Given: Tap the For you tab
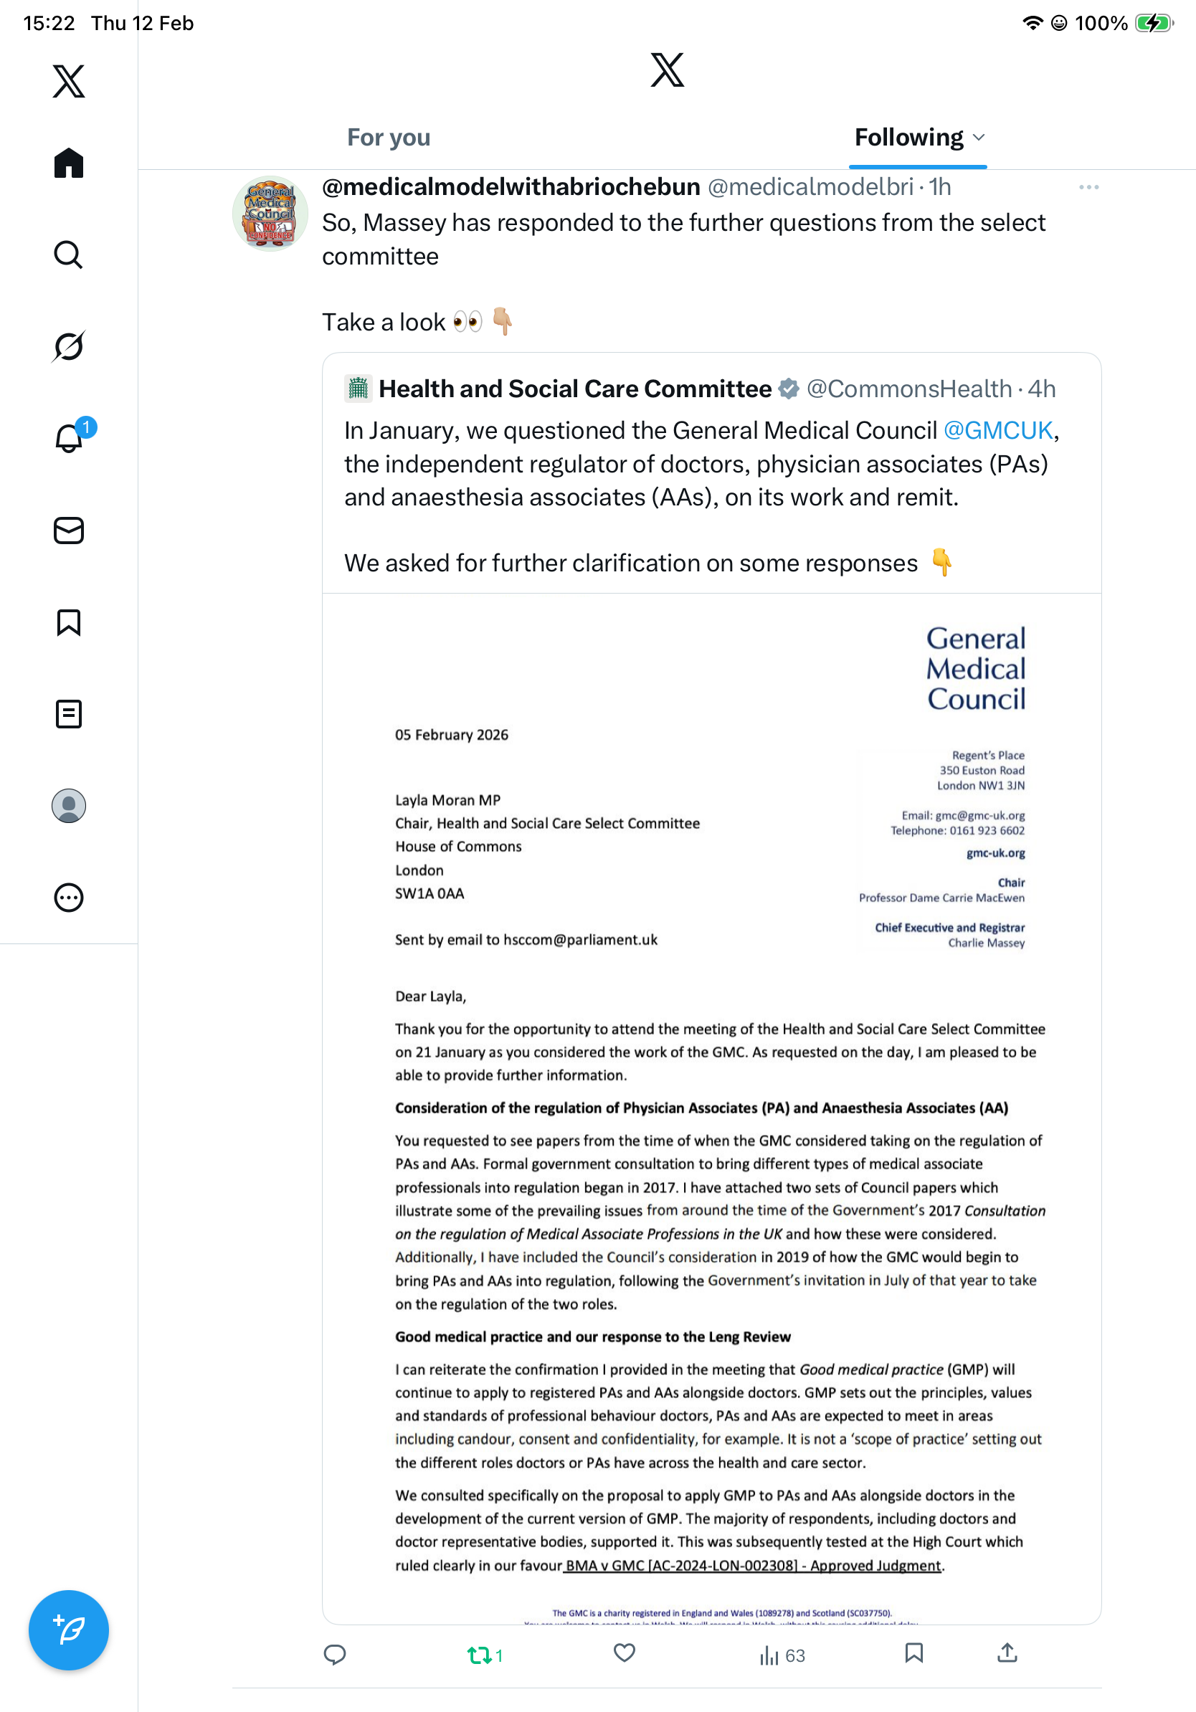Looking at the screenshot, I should pos(389,138).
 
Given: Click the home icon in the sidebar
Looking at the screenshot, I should pos(69,163).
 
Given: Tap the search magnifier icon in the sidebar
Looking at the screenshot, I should pos(69,255).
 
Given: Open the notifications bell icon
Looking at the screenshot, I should pos(69,439).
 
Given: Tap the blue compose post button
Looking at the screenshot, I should pos(69,1631).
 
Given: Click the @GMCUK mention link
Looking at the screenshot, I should pos(997,431).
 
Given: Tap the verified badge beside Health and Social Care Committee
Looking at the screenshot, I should pos(789,389).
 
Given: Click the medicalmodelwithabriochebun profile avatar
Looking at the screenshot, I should pos(270,213).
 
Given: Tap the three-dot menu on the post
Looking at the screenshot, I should pos(1088,187).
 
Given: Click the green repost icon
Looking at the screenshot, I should pos(478,1655).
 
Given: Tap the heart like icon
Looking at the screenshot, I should pos(624,1653).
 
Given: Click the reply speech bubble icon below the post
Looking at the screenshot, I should pos(335,1655).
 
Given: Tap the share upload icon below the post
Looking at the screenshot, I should pos(1007,1653).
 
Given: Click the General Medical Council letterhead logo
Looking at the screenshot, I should pos(975,669).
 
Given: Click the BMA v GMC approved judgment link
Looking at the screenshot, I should pos(753,1566).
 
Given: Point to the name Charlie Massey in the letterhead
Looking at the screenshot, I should pos(986,943).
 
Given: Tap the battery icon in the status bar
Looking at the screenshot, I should pos(1153,23).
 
